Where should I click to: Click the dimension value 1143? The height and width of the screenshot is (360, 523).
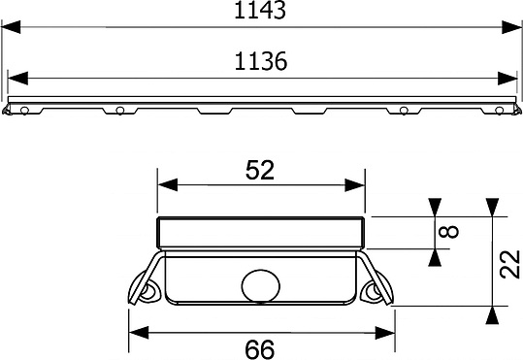pyautogui.click(x=262, y=13)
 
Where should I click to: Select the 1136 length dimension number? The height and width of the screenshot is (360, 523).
pyautogui.click(x=262, y=61)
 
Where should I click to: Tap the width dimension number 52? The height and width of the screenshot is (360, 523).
pyautogui.click(x=260, y=170)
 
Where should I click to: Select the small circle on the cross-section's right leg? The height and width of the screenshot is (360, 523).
pyautogui.click(x=373, y=291)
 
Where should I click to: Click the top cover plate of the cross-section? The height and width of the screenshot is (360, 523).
pyautogui.click(x=260, y=231)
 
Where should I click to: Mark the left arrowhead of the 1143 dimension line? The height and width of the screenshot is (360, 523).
pyautogui.click(x=9, y=29)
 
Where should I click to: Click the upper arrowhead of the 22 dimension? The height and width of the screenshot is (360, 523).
pyautogui.click(x=493, y=206)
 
